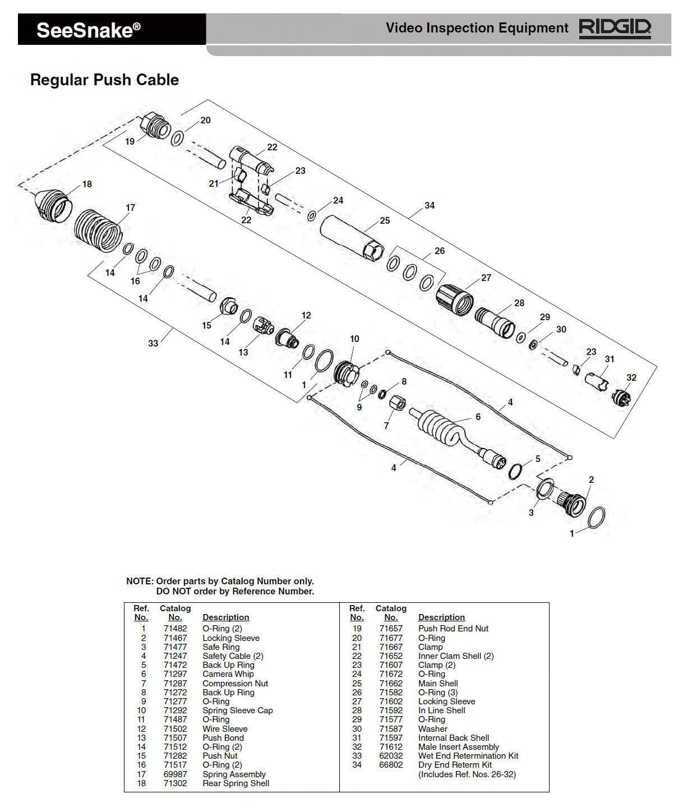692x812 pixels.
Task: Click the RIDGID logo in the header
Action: click(x=615, y=28)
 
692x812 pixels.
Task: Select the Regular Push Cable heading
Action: click(x=104, y=80)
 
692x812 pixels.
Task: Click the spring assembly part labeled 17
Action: click(x=98, y=230)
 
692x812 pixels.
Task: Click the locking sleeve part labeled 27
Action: click(x=455, y=299)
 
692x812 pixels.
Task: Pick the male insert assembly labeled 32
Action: click(x=621, y=398)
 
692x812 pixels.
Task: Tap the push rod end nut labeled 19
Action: click(x=155, y=125)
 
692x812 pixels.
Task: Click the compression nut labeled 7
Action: click(x=397, y=403)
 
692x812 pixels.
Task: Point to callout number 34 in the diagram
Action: click(x=430, y=205)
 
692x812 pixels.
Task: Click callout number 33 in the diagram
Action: click(x=153, y=343)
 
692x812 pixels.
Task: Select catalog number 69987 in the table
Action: click(x=175, y=774)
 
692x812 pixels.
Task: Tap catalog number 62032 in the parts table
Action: click(x=391, y=755)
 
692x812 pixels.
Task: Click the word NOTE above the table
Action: click(x=139, y=581)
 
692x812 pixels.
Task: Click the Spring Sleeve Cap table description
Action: click(x=237, y=710)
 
